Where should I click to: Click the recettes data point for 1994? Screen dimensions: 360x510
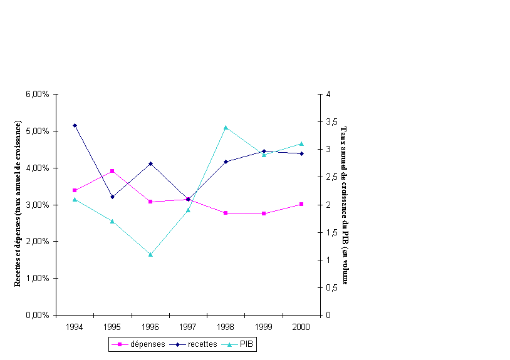(x=75, y=125)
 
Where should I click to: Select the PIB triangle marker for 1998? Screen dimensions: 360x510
(x=226, y=127)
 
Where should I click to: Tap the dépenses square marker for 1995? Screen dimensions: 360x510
(x=112, y=171)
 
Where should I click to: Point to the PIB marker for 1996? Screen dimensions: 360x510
(x=150, y=254)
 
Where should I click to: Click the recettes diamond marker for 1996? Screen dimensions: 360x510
(x=150, y=163)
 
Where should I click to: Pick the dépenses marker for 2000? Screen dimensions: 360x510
(x=301, y=204)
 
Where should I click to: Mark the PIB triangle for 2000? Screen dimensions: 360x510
(x=301, y=143)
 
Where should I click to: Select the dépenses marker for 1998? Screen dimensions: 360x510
(x=226, y=213)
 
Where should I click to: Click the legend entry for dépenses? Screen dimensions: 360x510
(x=138, y=344)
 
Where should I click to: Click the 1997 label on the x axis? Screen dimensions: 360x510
(x=188, y=327)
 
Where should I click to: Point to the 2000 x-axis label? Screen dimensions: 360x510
(x=301, y=327)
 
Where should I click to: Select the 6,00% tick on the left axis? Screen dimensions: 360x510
(x=39, y=95)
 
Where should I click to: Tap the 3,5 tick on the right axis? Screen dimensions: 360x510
(x=333, y=121)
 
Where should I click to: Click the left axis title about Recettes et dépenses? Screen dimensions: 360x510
(x=18, y=203)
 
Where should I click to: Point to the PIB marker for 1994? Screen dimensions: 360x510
(x=75, y=199)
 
